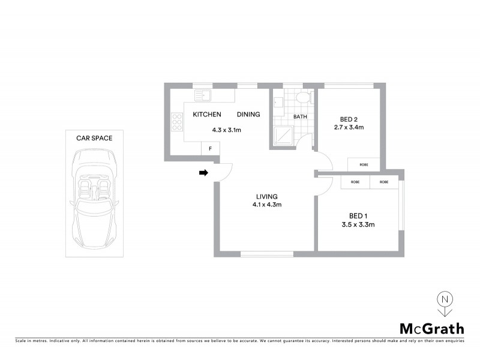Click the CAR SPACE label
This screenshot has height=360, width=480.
94,138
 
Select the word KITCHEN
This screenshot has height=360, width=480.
207,115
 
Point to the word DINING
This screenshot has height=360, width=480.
248,115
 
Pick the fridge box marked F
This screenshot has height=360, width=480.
210,148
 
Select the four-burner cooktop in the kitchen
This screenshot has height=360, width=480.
177,122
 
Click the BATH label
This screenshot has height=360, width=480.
300,117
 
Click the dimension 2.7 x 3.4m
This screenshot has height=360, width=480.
349,127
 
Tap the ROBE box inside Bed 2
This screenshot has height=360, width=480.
364,164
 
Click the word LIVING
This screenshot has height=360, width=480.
266,196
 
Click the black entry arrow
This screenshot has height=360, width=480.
203,173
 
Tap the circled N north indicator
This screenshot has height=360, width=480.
444,298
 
